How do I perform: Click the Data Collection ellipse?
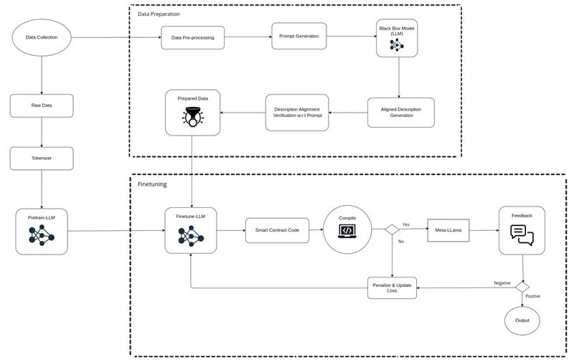pos(42,37)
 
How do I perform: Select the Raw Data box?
pos(42,105)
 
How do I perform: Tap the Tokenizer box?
pos(42,158)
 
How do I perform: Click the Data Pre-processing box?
pos(192,37)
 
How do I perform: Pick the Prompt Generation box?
pos(299,36)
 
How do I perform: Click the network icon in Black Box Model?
pos(397,45)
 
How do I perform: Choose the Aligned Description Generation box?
pos(401,112)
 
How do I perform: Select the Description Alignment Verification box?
pos(296,112)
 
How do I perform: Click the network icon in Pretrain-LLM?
pos(42,235)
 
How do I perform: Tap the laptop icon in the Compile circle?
pos(347,231)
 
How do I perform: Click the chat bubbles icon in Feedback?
pos(522,234)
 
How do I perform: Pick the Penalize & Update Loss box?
pos(392,287)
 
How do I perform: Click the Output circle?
pos(522,320)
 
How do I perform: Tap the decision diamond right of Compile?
pos(392,230)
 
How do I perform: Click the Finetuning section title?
pos(152,184)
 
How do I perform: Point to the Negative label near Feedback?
pos(502,283)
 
